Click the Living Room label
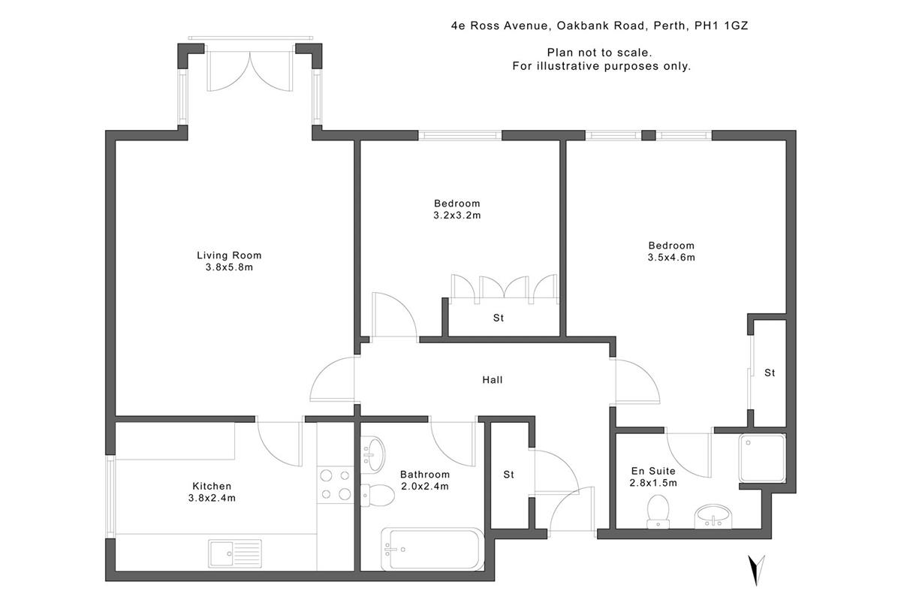(229, 255)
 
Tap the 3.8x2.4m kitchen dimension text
(211, 498)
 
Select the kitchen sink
(234, 554)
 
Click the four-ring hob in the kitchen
(335, 484)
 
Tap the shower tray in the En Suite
(762, 457)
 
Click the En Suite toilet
(658, 510)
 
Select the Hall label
(492, 380)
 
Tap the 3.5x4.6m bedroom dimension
(671, 258)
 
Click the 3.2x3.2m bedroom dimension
(457, 216)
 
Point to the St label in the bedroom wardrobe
(499, 318)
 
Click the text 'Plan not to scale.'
(598, 53)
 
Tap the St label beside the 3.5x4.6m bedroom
(770, 372)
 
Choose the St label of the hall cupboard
(508, 475)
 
